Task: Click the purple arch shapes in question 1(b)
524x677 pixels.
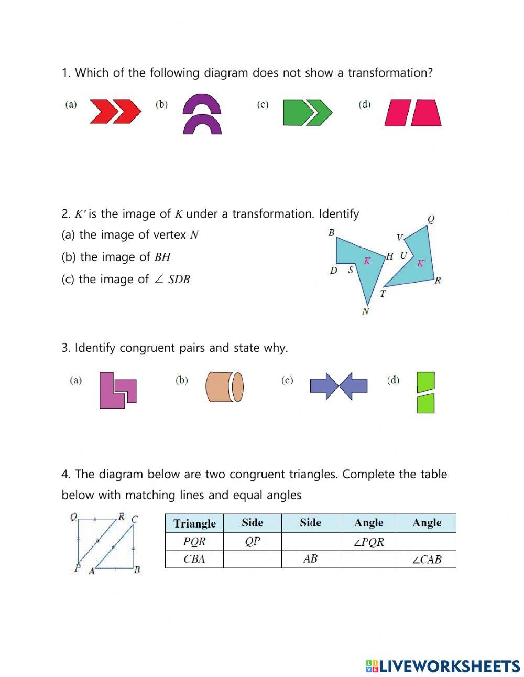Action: [x=202, y=114]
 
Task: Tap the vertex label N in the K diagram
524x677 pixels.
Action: [x=365, y=311]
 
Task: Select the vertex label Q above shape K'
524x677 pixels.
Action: [x=431, y=219]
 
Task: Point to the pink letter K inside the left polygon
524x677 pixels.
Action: [x=367, y=261]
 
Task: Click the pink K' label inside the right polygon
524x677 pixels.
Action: [x=421, y=263]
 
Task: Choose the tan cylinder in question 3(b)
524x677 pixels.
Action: [x=224, y=387]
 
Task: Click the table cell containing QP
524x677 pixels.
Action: [x=252, y=542]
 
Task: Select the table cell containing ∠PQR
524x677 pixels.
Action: [x=368, y=542]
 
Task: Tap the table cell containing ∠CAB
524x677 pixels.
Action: [x=427, y=559]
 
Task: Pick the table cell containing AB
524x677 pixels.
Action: [x=310, y=559]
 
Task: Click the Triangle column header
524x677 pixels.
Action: [x=194, y=523]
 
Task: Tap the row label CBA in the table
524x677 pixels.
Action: [x=194, y=559]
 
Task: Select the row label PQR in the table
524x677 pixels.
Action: [x=194, y=542]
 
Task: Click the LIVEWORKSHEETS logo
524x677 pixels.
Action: [x=443, y=666]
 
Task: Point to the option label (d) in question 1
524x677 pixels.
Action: [x=364, y=104]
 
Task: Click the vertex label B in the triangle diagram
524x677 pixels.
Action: [x=137, y=570]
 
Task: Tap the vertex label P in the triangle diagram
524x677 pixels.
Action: [x=77, y=568]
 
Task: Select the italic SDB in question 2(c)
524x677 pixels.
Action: [x=179, y=280]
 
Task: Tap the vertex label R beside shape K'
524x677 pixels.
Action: [x=438, y=280]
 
